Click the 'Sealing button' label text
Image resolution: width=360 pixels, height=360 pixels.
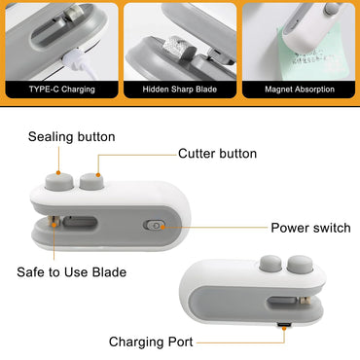click(72, 137)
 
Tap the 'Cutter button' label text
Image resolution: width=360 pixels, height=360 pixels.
click(218, 154)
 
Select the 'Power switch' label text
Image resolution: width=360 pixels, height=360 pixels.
click(310, 228)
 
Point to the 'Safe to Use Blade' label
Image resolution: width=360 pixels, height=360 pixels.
click(72, 271)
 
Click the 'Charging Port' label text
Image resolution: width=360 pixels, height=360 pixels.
click(151, 342)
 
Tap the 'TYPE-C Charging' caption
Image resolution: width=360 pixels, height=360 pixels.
click(62, 90)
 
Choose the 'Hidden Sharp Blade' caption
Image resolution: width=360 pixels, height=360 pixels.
click(180, 90)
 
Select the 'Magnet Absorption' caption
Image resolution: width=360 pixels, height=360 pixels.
click(300, 90)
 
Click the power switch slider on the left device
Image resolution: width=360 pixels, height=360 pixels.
click(154, 225)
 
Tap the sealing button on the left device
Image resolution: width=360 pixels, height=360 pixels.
click(59, 181)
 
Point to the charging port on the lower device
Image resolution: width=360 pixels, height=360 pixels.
click(284, 324)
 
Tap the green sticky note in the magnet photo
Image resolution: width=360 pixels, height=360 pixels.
click(312, 54)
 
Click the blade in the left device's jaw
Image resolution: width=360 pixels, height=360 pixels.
click(54, 223)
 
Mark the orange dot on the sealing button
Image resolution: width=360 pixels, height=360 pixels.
click(58, 173)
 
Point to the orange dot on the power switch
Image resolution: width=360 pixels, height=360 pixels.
click(162, 227)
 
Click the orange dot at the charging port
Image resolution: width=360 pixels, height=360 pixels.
click(284, 329)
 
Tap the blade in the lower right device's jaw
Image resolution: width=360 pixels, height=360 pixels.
click(304, 301)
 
